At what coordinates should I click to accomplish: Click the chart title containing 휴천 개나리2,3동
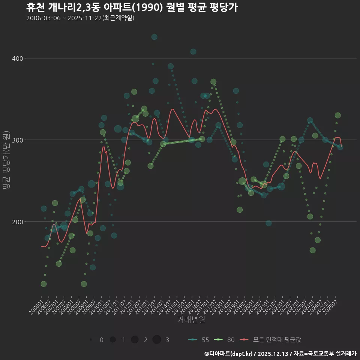[x=132, y=7]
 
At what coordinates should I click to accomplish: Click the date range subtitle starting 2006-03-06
[x=80, y=18]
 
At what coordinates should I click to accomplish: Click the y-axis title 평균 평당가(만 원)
[x=6, y=161]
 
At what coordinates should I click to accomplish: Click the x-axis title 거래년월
[x=191, y=320]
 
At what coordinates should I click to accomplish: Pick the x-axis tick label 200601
[x=36, y=310]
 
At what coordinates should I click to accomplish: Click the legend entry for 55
[x=199, y=340]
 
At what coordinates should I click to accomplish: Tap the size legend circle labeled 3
[x=157, y=340]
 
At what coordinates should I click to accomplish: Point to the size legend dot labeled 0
[x=91, y=340]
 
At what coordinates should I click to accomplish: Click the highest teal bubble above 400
[x=154, y=37]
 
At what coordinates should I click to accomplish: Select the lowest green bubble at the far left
[x=43, y=284]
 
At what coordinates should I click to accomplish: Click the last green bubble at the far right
[x=337, y=115]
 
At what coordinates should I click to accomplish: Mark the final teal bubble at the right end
[x=340, y=147]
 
